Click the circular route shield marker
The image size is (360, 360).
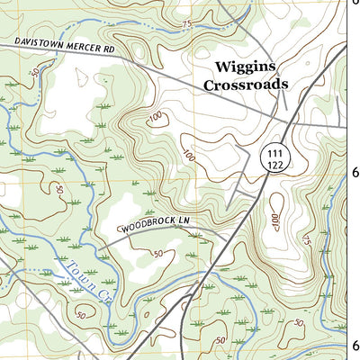click(x=274, y=160)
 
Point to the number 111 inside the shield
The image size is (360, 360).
click(x=274, y=155)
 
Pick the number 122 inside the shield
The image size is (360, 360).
click(x=274, y=166)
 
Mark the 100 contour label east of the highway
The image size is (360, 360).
click(x=275, y=220)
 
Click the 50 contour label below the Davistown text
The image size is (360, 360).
click(x=35, y=70)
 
